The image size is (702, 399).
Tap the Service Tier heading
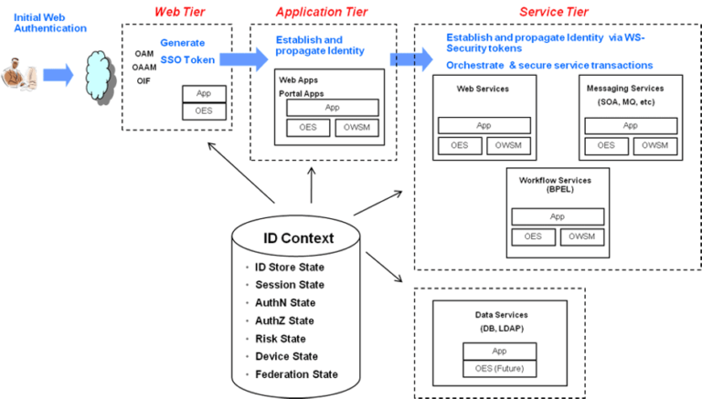coord(553,12)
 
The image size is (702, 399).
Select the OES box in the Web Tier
coord(204,110)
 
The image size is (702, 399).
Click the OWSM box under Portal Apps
coord(358,128)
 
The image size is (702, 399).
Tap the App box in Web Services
coord(484,126)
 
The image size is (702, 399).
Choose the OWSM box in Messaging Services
coord(654,145)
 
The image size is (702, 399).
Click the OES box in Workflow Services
coord(533,236)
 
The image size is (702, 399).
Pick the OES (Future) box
coord(500,369)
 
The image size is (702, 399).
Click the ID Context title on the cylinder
coord(298,239)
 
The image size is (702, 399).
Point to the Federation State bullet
coord(296,373)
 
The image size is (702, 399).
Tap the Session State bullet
coord(289,285)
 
